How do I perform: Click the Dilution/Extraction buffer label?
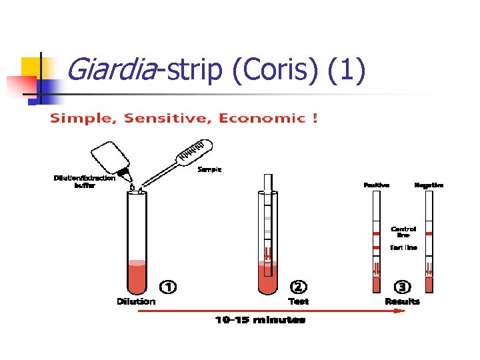click(x=85, y=181)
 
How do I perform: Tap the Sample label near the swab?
click(x=209, y=169)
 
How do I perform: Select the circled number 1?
click(x=168, y=287)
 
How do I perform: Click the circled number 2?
click(x=299, y=287)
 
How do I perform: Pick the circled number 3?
click(x=402, y=287)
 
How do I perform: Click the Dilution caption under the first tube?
click(x=136, y=301)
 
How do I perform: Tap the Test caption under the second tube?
click(x=298, y=301)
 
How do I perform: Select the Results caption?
click(x=402, y=301)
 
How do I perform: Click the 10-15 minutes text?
click(x=260, y=320)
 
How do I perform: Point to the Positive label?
click(x=377, y=185)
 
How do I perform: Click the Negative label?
click(x=429, y=185)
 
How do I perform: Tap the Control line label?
click(x=403, y=232)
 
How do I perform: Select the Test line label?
click(x=403, y=247)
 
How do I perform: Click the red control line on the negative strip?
click(x=429, y=233)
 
